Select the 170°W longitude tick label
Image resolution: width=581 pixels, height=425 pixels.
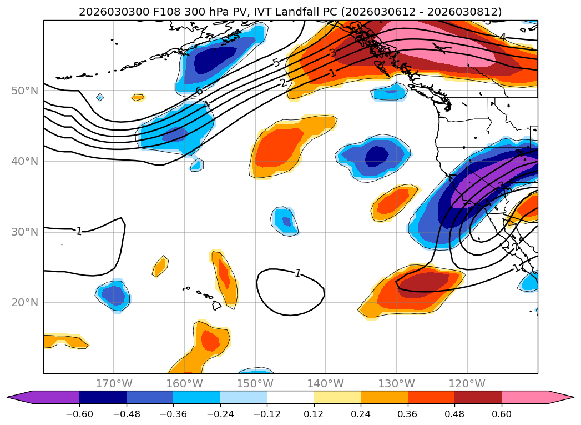point(114,383)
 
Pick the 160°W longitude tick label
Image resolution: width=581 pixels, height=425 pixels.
point(184,383)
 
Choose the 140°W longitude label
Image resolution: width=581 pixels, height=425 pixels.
point(326,383)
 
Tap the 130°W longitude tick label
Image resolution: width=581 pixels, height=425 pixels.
point(396,383)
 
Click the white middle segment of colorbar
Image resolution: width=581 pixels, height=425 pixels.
point(290,397)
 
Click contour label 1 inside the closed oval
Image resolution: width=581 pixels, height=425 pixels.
point(298,273)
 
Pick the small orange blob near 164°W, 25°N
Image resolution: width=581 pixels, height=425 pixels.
point(160,267)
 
